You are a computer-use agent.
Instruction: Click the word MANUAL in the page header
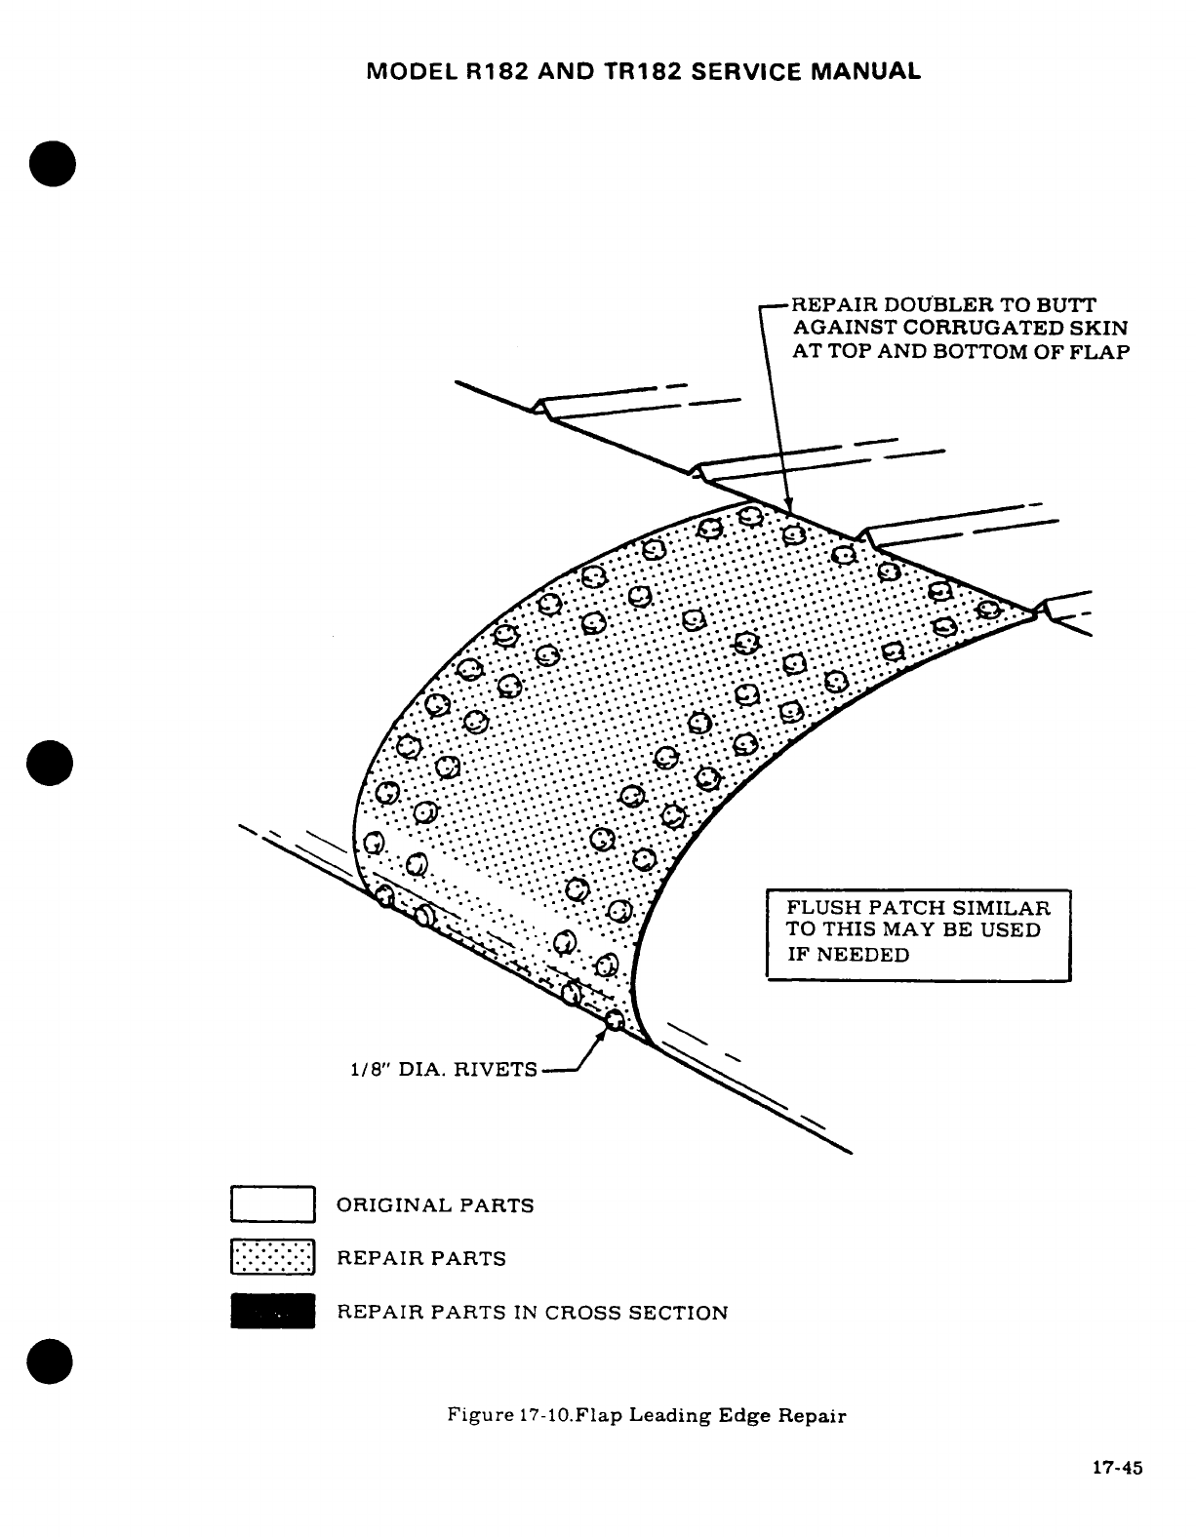click(868, 71)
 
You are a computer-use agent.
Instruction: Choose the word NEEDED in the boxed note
click(862, 955)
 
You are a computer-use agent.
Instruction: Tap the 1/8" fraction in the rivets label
click(367, 1070)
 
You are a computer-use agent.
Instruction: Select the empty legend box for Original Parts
click(272, 1203)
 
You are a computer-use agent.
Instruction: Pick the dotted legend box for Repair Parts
click(272, 1257)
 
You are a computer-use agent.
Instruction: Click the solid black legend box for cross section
click(272, 1311)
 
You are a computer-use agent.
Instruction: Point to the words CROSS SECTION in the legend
click(635, 1313)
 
